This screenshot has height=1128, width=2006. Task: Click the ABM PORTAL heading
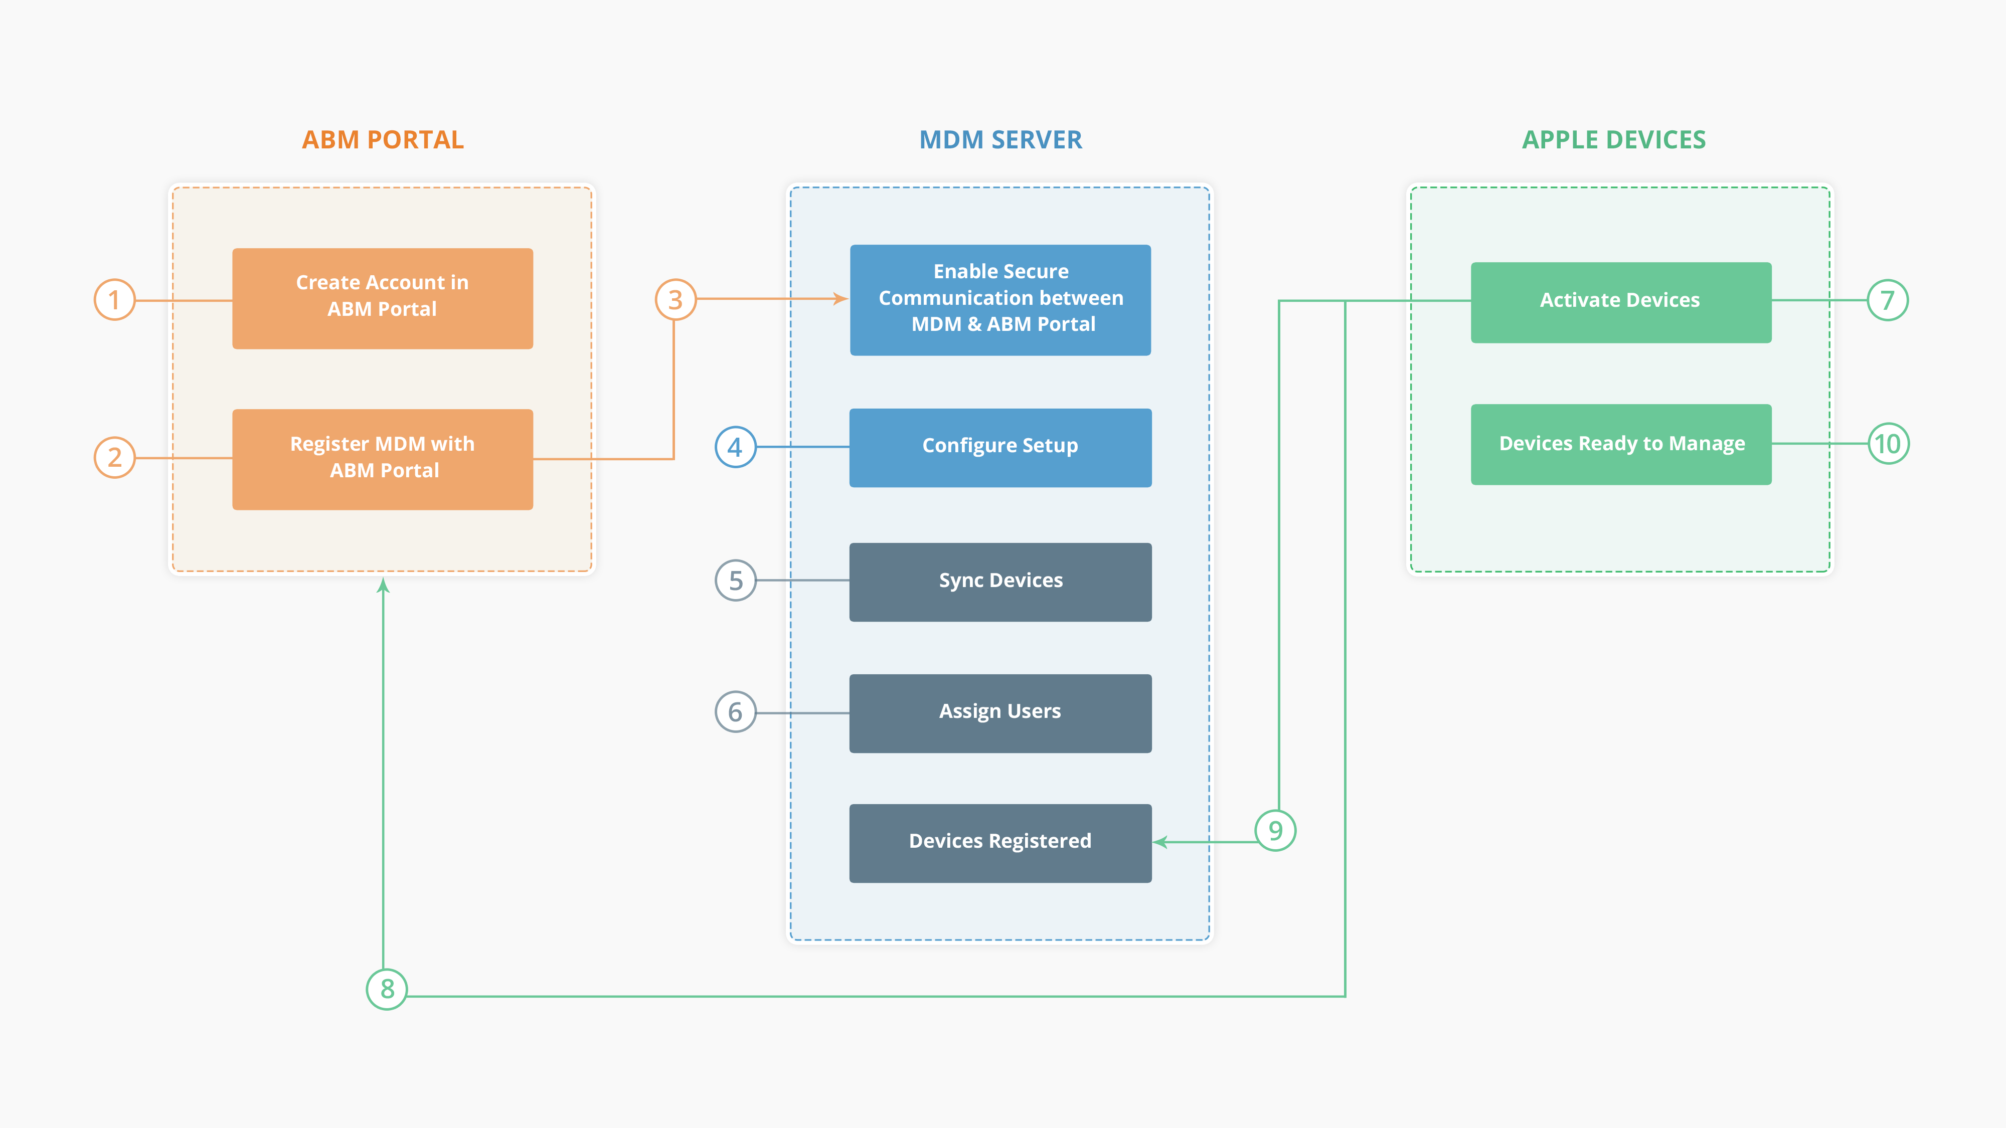point(382,140)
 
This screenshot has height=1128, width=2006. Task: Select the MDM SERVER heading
point(1000,140)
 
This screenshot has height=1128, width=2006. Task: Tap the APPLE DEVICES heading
point(1613,140)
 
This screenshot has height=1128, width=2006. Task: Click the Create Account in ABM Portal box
point(382,298)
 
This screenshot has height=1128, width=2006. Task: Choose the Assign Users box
point(1000,713)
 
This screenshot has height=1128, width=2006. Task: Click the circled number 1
point(114,300)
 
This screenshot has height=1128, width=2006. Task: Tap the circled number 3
point(675,300)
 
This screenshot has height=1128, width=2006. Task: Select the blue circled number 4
point(735,447)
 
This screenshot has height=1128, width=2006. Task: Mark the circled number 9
point(1275,831)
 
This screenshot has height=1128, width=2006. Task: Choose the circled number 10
point(1889,444)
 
